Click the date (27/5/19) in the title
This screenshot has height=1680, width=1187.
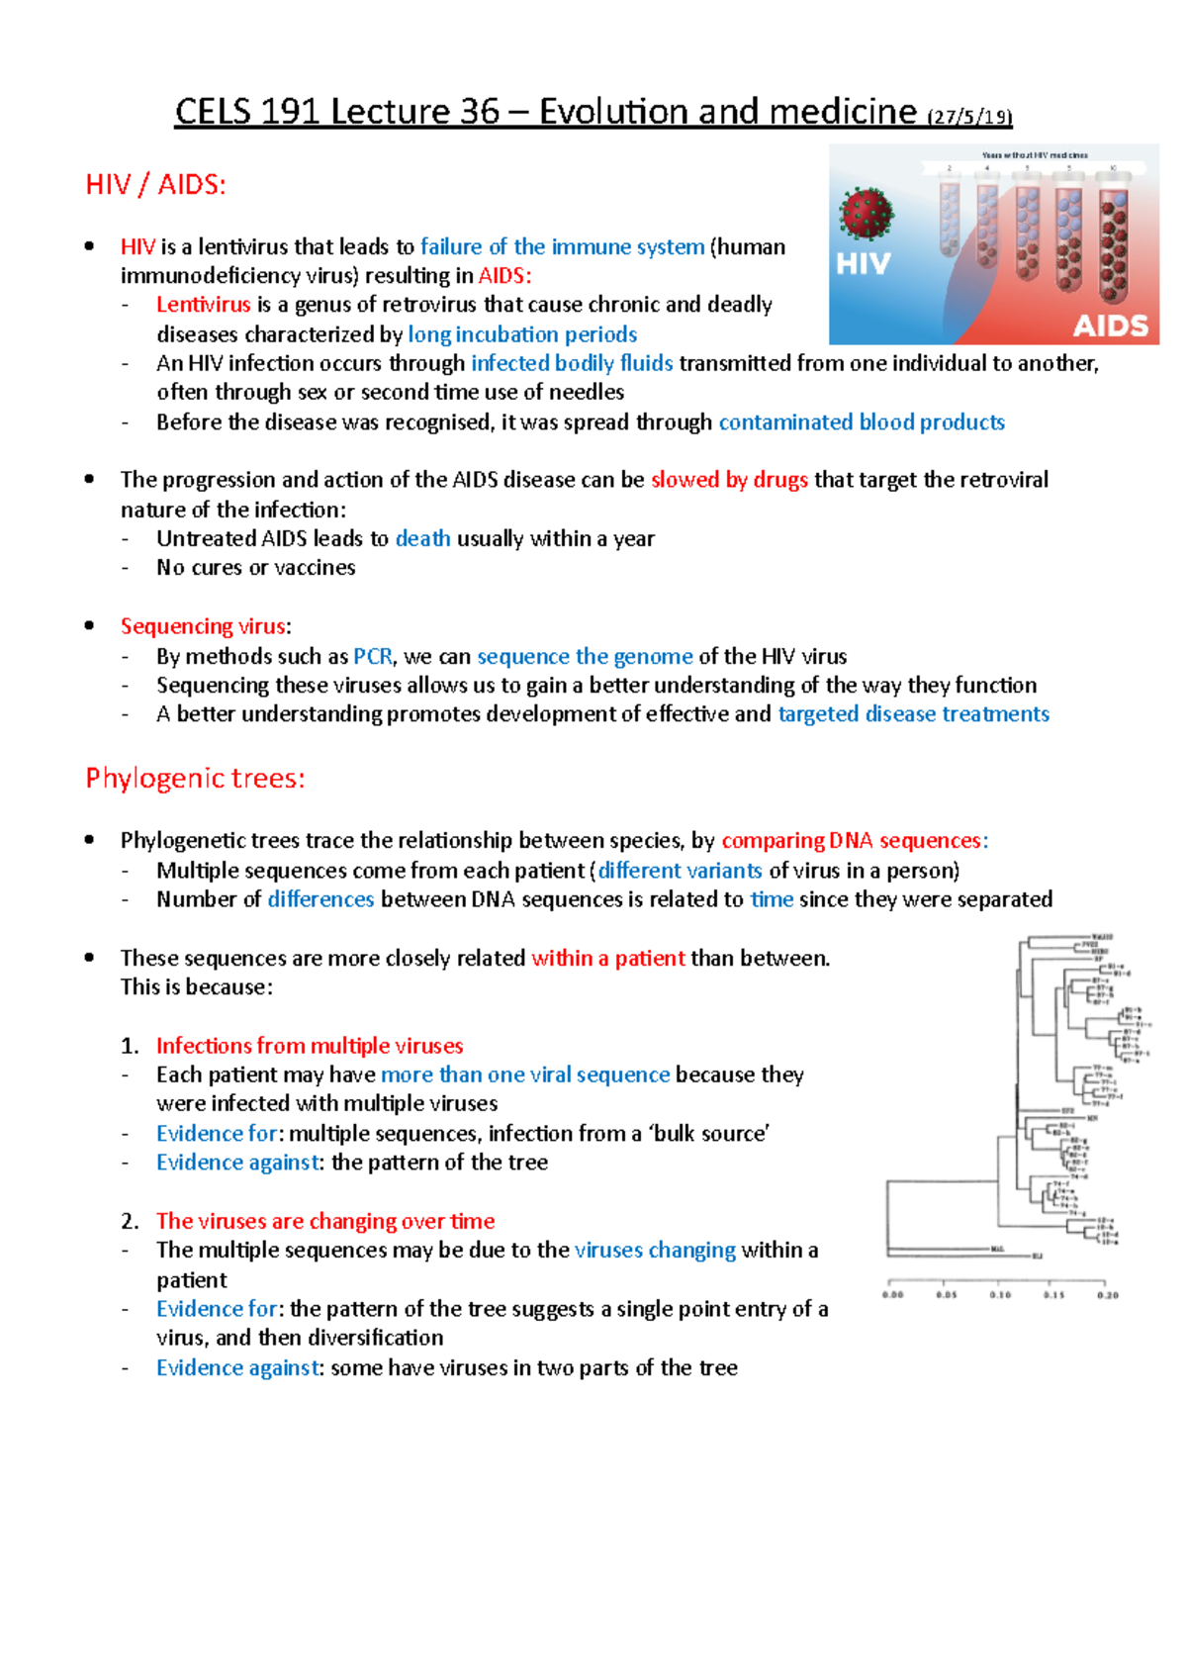(969, 116)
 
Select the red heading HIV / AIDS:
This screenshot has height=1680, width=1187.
(156, 185)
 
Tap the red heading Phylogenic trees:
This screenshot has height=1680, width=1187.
(195, 779)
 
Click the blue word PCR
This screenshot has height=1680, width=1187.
(373, 656)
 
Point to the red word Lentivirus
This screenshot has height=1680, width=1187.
(203, 305)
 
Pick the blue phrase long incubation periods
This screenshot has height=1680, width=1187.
(522, 334)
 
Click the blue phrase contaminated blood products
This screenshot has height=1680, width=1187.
(861, 422)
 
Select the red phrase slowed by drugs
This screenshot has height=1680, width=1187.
(729, 480)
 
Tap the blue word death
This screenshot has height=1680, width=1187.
(422, 538)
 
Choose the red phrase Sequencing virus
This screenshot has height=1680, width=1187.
(203, 626)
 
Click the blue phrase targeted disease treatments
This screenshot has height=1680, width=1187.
(913, 714)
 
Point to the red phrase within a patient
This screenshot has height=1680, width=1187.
(607, 958)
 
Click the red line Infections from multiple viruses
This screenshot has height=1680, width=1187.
(310, 1046)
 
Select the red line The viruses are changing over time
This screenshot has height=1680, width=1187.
(325, 1221)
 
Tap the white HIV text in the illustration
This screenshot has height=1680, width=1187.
(864, 264)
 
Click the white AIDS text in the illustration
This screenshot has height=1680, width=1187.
(1110, 326)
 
